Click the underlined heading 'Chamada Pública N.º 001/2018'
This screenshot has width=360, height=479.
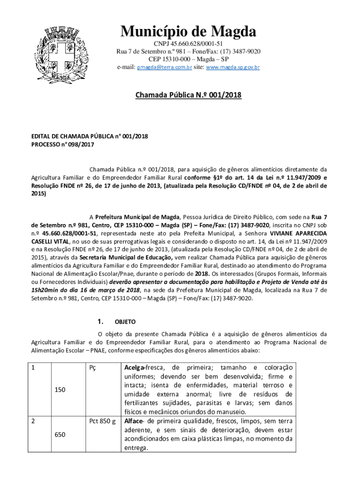(188, 95)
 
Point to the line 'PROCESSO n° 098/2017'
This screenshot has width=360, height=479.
(63, 145)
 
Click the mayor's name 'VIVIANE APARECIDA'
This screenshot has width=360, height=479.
(297, 232)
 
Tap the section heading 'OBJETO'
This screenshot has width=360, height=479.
(125, 322)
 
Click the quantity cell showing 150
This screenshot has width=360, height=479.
(60, 389)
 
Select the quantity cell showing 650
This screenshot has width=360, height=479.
(60, 435)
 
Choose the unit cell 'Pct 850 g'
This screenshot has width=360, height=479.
(102, 421)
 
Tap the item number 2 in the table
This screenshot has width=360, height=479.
(33, 421)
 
